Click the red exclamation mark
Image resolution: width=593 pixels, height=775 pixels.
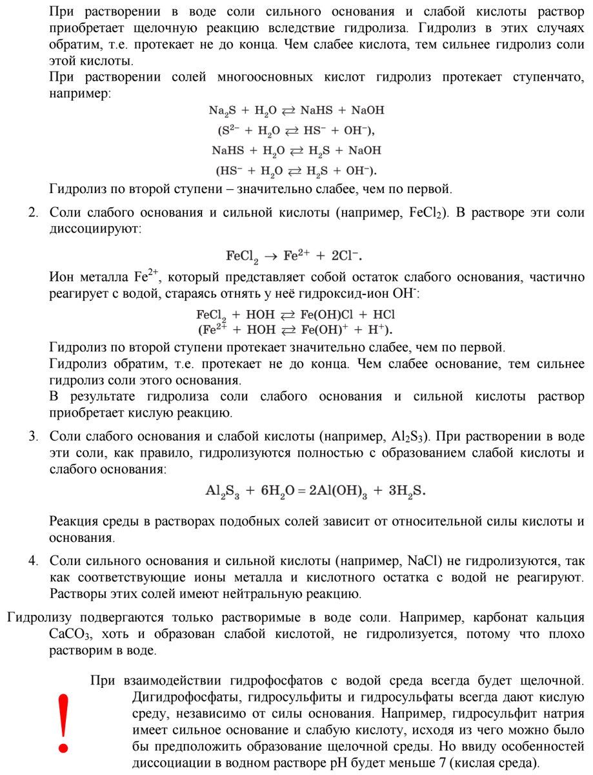click(x=63, y=723)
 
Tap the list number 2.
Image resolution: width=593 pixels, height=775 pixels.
click(x=32, y=212)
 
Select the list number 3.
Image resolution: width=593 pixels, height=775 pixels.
click(x=32, y=436)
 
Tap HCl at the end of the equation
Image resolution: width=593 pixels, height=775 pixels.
click(x=383, y=315)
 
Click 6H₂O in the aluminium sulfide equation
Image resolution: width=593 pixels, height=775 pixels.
click(x=279, y=491)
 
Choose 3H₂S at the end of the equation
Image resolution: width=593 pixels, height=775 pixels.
click(x=406, y=491)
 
